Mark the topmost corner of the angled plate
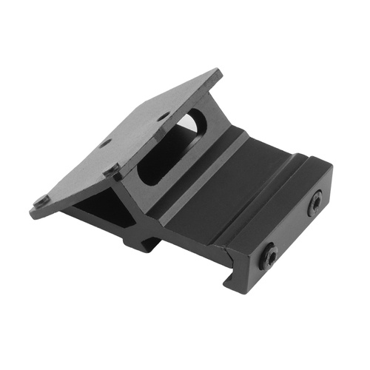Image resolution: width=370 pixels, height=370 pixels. click(x=217, y=72)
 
